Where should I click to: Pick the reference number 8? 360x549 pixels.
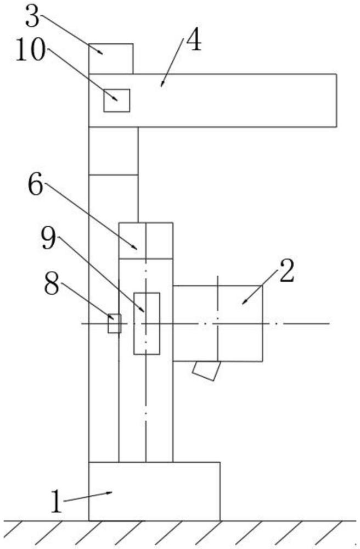point(52,284)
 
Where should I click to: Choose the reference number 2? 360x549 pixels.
point(286,271)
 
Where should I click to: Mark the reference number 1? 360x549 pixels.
point(56,501)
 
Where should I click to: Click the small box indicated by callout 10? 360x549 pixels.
point(117,100)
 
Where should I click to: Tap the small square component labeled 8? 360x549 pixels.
point(114,323)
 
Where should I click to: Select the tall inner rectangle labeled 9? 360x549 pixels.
point(147,323)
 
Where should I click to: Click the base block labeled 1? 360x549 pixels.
point(154,491)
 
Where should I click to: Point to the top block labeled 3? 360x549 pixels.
point(111,59)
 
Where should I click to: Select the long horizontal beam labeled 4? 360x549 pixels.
point(213,100)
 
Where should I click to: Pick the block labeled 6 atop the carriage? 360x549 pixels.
point(146,240)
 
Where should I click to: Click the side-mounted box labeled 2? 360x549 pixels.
point(218,323)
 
